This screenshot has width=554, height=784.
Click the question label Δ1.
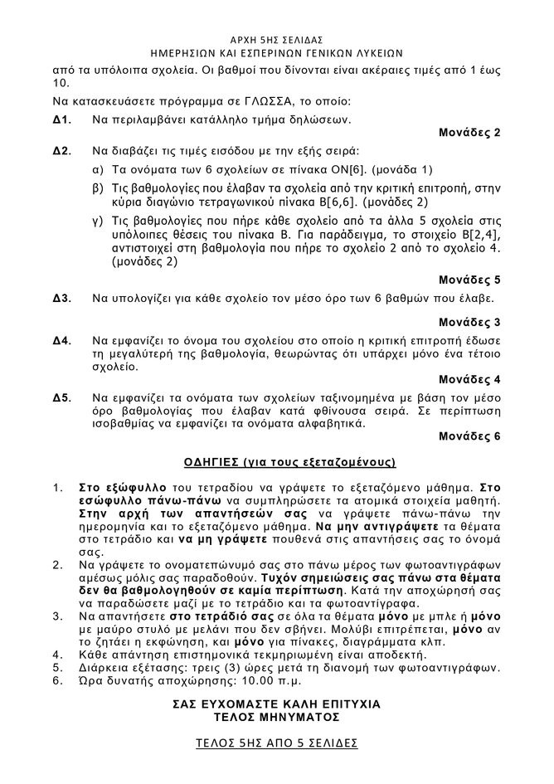[x=61, y=119]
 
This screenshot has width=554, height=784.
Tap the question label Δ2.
[x=61, y=152]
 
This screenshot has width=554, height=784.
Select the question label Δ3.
[x=61, y=297]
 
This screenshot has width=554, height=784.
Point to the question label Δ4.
[x=61, y=340]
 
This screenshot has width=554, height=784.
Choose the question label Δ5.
[x=61, y=399]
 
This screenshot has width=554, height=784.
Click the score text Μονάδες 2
[x=469, y=133]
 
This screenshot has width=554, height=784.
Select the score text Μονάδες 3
[x=469, y=321]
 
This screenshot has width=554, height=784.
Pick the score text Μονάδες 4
[x=469, y=380]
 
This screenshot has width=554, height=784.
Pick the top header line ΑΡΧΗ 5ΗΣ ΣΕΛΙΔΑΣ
[x=276, y=38]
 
